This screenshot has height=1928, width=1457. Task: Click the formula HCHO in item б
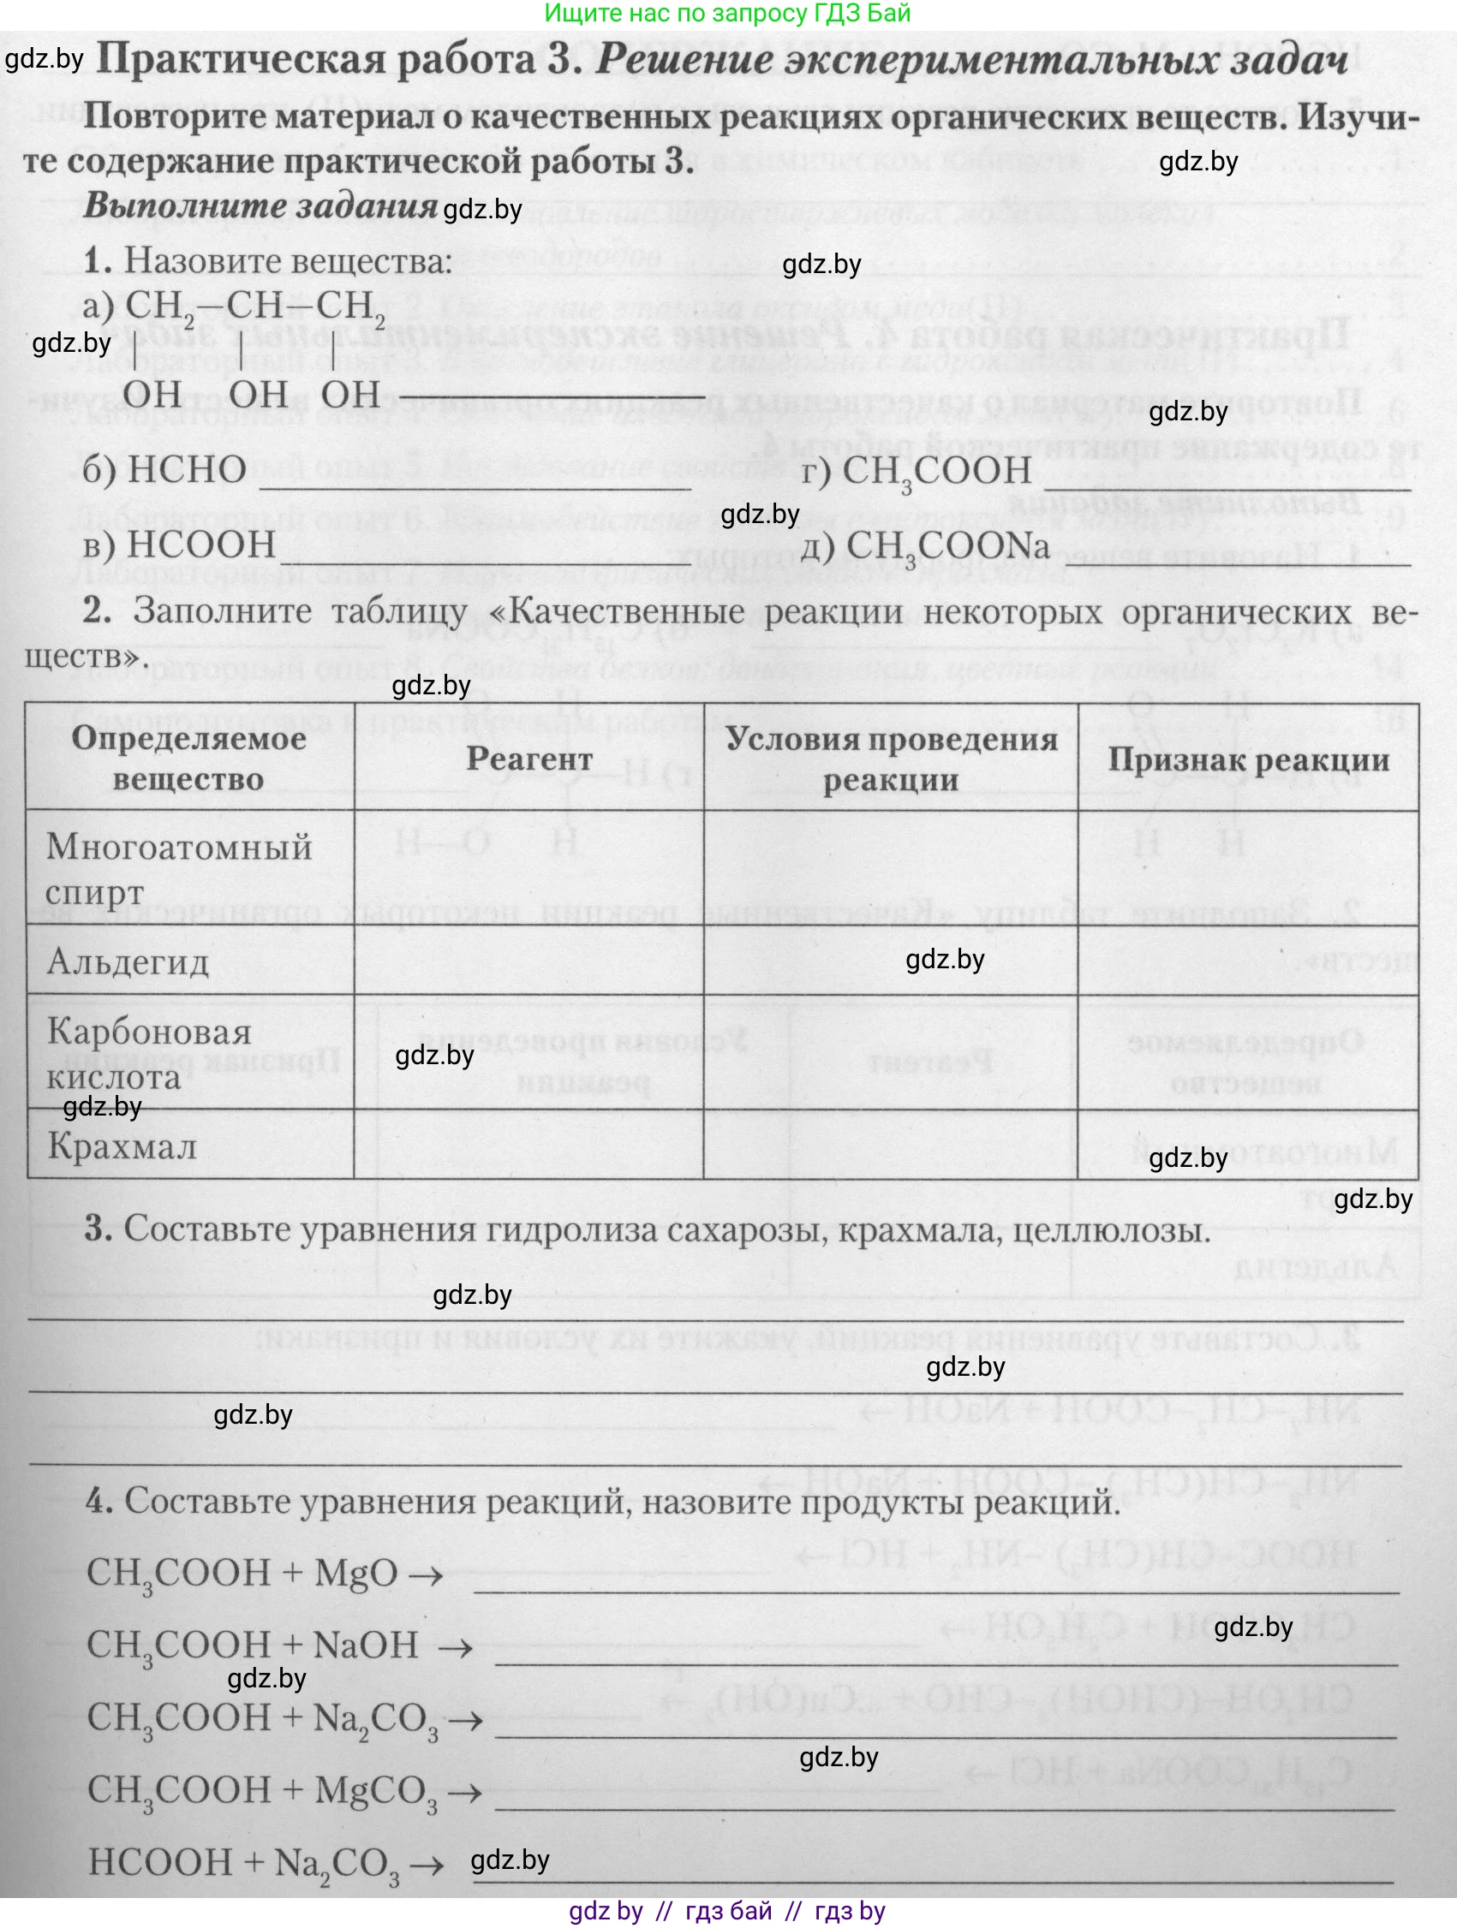pos(186,471)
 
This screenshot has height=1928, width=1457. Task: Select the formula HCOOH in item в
pos(200,544)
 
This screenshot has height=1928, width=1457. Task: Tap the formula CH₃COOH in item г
pos(937,473)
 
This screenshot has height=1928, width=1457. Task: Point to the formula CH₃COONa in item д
pos(948,546)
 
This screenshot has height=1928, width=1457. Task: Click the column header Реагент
pos(529,759)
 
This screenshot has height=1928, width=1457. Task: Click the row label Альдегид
pos(128,961)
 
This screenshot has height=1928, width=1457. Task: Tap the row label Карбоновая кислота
pos(148,1054)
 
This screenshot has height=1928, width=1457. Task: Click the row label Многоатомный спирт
pos(179,868)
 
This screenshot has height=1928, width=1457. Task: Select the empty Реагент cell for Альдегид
pos(528,960)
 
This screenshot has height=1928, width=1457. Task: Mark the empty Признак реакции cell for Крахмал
pos(1248,1145)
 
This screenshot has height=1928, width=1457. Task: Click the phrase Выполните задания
pos(260,205)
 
